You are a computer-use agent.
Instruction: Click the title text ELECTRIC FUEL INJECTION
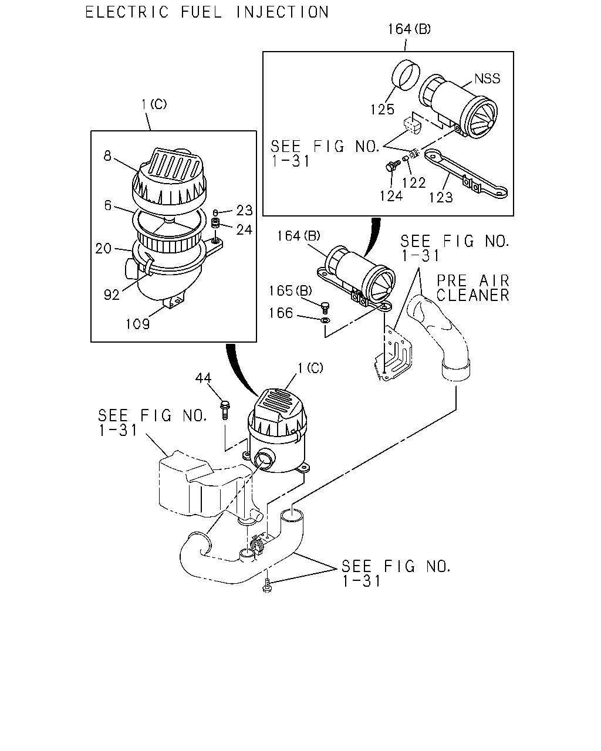[x=207, y=12]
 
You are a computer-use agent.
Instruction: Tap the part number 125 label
[x=383, y=110]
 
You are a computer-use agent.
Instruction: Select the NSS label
[x=487, y=79]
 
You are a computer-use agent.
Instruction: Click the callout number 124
[x=391, y=196]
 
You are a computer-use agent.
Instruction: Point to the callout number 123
[x=441, y=198]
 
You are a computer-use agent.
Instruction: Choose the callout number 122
[x=414, y=182]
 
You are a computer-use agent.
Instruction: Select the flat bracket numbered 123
[x=466, y=174]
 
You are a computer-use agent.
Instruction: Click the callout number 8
[x=107, y=155]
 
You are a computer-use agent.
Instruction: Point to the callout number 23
[x=244, y=211]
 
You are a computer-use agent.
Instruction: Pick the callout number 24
[x=244, y=229]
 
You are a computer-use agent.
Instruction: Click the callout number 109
[x=137, y=324]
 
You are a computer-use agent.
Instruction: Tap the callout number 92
[x=112, y=295]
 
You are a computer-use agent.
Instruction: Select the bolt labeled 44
[x=225, y=410]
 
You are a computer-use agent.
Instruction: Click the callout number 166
[x=281, y=313]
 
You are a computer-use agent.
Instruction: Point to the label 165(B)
[x=290, y=290]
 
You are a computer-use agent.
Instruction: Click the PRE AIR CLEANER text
[x=473, y=288]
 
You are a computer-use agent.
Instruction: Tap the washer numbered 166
[x=325, y=320]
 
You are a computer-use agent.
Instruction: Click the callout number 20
[x=103, y=248]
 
